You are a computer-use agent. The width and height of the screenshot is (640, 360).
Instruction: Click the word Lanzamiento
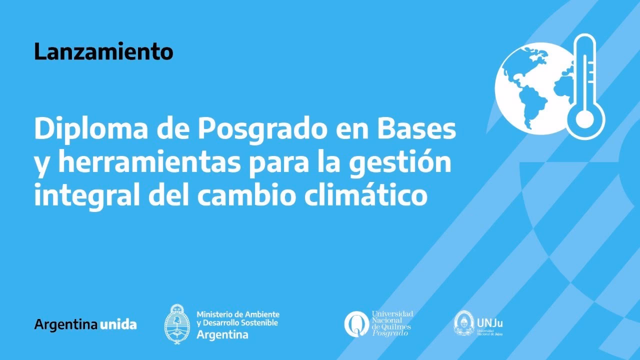click(103, 52)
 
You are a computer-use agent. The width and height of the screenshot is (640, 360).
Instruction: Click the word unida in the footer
click(118, 324)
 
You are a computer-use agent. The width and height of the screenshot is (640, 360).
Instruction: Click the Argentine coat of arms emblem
click(177, 323)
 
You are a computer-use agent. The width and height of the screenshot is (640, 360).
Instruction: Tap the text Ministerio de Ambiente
click(237, 314)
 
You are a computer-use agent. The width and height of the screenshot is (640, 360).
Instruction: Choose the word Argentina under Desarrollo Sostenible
click(222, 334)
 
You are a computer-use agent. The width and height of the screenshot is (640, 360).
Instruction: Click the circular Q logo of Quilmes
click(356, 323)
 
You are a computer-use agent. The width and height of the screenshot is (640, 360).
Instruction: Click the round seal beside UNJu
click(463, 323)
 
